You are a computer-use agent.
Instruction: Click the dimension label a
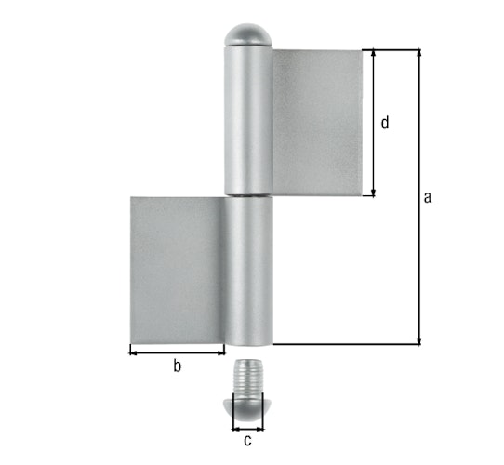click(x=427, y=196)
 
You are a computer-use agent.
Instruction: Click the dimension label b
click(x=177, y=365)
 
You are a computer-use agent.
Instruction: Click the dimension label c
click(x=247, y=441)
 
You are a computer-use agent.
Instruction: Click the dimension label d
click(x=385, y=122)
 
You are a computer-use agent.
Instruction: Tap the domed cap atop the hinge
click(x=247, y=35)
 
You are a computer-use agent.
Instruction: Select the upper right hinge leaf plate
click(x=315, y=122)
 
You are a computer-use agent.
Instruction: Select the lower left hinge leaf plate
click(x=176, y=270)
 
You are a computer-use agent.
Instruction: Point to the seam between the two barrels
click(x=247, y=196)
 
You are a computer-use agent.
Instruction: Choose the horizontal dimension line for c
click(x=247, y=427)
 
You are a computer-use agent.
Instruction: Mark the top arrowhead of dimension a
click(x=419, y=54)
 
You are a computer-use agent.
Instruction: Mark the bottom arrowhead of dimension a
click(x=419, y=339)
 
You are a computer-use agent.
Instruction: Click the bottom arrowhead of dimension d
click(x=374, y=192)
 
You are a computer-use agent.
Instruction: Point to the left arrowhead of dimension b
click(x=134, y=351)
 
